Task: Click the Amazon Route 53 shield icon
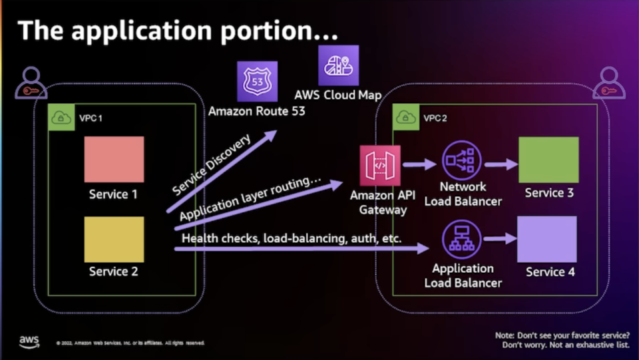(x=257, y=82)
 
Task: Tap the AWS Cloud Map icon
(x=338, y=65)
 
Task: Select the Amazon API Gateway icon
(x=380, y=165)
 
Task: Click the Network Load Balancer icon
(x=462, y=160)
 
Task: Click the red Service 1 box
(x=114, y=159)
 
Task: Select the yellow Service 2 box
(x=114, y=239)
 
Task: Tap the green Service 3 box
(x=548, y=160)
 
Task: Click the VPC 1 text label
(x=91, y=118)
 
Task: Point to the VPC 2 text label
(x=435, y=118)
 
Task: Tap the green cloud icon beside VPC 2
(x=405, y=117)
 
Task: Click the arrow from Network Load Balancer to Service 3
(x=500, y=164)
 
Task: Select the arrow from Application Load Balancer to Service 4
(x=501, y=238)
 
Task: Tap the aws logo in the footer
(x=29, y=341)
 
